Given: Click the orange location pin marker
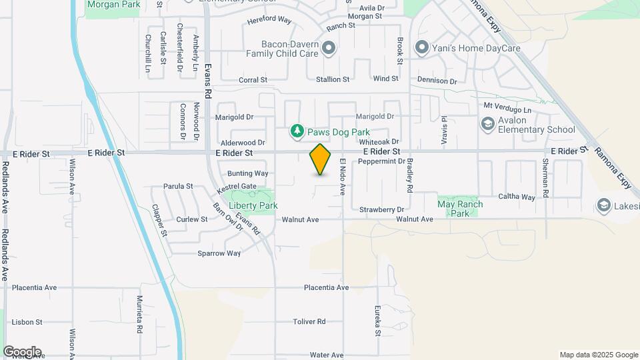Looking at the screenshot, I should [321, 159].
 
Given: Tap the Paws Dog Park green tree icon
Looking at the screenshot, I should [297, 132].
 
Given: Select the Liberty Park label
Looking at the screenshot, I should [253, 206].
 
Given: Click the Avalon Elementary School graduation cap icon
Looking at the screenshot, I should [488, 123].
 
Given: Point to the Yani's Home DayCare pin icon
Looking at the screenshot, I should [421, 48].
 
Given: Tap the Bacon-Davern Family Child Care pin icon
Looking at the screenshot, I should [328, 47].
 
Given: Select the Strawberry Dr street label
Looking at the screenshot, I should [382, 210].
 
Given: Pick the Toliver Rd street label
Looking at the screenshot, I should [309, 321].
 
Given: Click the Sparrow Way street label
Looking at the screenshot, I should [219, 253].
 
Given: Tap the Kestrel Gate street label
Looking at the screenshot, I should [239, 187].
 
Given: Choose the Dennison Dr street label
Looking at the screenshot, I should [437, 81].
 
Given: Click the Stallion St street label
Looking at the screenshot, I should [332, 79].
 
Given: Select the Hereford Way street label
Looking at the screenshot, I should [269, 21].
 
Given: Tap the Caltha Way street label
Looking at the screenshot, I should [517, 197].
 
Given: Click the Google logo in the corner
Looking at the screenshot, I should [22, 351].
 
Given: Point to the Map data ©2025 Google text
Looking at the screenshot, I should [598, 355].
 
